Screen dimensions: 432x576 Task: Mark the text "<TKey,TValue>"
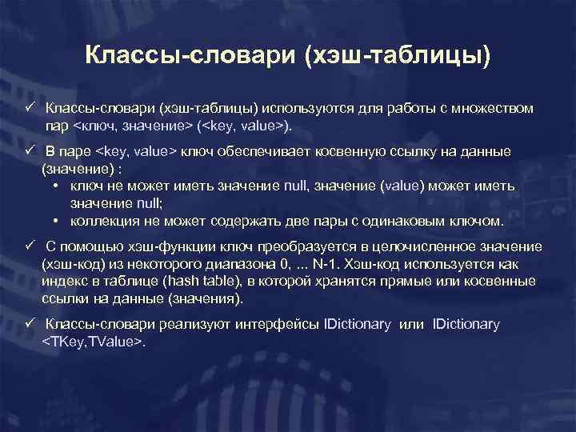pyautogui.click(x=92, y=342)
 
